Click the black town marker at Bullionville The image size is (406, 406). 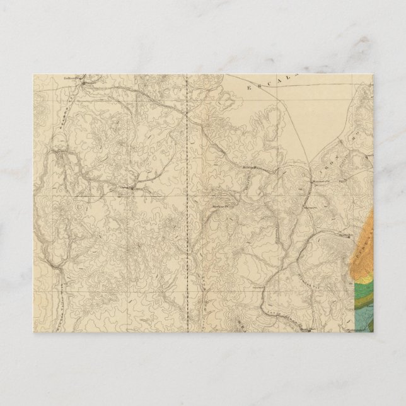(x=88, y=80)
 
